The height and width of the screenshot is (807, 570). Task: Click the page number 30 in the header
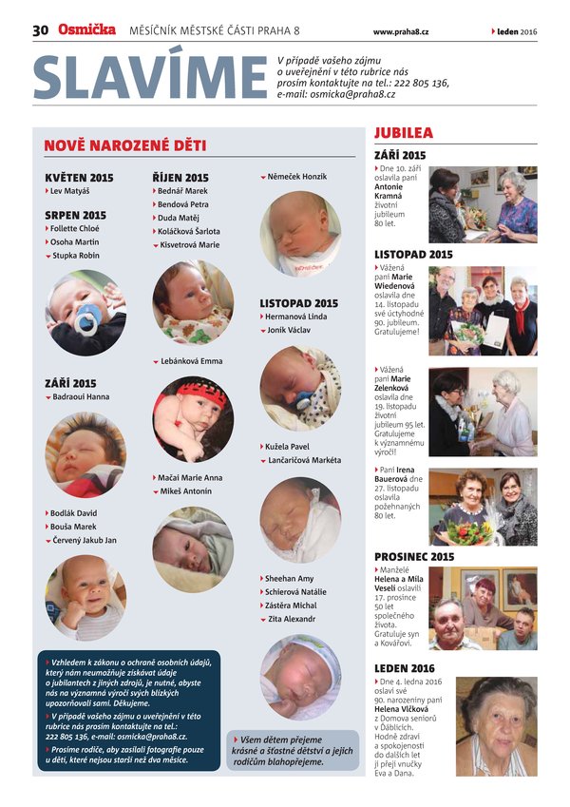(40, 30)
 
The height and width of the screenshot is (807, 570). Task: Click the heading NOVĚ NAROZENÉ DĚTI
(124, 145)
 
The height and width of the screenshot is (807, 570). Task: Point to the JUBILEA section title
(404, 133)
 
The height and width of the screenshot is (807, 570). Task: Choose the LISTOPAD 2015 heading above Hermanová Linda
(298, 303)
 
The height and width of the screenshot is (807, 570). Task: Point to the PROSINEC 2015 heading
(414, 556)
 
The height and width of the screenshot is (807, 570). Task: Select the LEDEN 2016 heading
(404, 668)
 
